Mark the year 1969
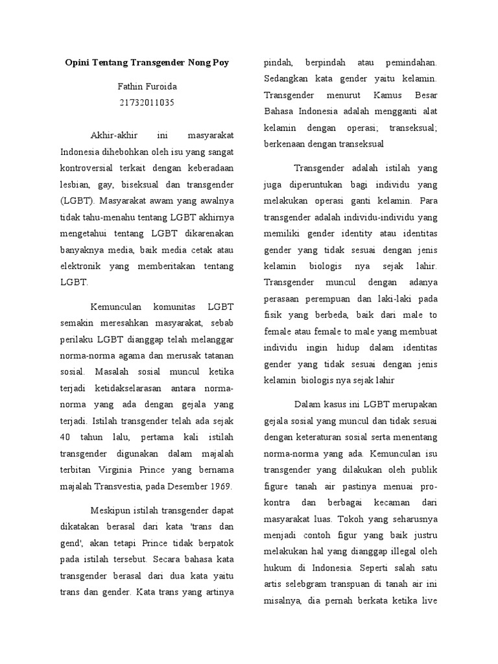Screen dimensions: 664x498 [219, 486]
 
